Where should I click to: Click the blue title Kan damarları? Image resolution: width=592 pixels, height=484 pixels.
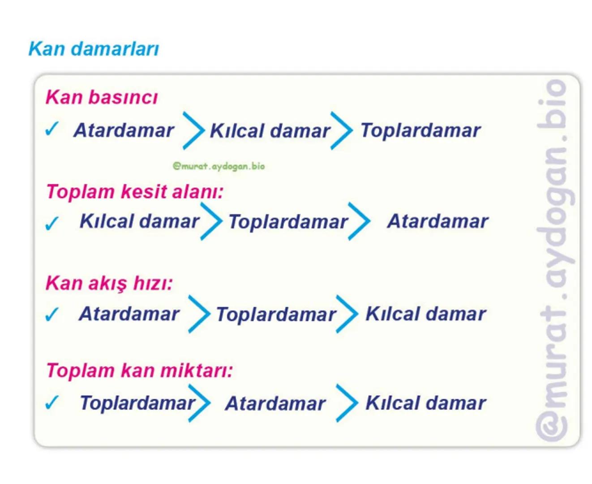coord(94,49)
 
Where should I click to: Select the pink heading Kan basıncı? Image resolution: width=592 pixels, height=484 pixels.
coord(102,97)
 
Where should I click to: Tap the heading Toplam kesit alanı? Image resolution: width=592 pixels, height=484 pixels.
coord(135,192)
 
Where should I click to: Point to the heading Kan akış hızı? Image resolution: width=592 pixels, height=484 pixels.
coord(109,283)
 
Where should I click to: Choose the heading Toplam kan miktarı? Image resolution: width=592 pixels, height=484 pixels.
coord(139,371)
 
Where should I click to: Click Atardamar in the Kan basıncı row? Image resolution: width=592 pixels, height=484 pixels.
coord(124,130)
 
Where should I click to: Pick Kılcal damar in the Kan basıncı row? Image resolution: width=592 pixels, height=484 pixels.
coord(270,131)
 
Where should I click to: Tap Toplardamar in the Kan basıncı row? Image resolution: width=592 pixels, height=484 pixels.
coord(420,130)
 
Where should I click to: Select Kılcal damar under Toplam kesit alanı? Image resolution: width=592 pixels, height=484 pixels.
coord(139,221)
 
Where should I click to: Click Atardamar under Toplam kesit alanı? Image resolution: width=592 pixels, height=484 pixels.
coord(438,221)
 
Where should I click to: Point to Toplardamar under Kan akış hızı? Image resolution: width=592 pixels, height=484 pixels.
coord(276,315)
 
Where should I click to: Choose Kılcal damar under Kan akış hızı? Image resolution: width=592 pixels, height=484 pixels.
coord(425,314)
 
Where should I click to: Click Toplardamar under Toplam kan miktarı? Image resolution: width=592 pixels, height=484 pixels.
coord(137,403)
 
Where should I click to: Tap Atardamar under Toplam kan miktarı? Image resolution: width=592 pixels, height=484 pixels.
coord(275,403)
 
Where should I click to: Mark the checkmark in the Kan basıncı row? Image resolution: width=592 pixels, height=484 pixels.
coord(52,130)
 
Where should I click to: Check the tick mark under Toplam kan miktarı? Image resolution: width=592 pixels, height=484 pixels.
coord(52,402)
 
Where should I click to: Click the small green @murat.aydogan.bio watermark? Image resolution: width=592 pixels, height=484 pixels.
coord(219,166)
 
